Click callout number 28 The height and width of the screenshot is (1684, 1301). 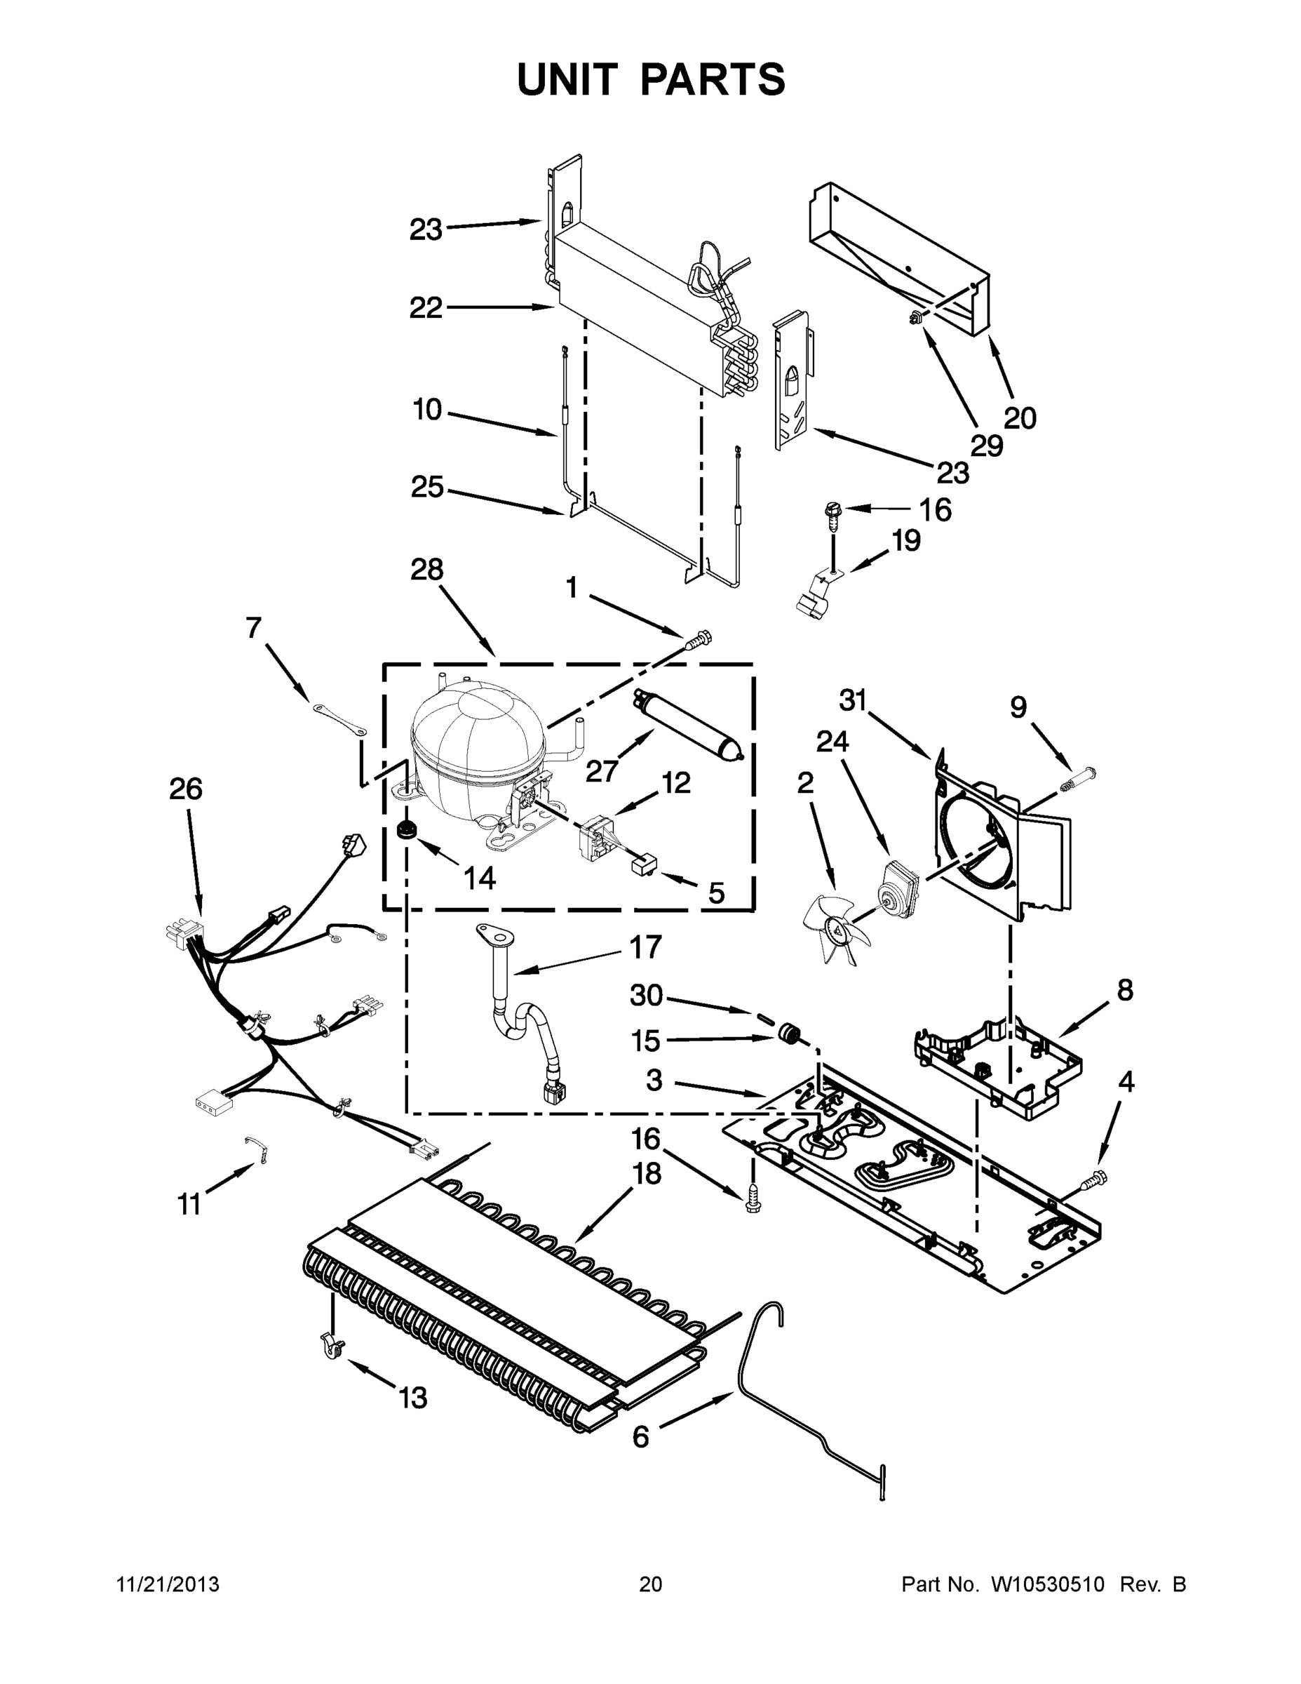[426, 570]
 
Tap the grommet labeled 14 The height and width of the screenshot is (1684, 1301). [405, 831]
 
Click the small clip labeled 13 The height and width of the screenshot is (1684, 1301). [330, 1347]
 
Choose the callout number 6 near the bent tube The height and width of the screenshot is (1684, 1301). [640, 1436]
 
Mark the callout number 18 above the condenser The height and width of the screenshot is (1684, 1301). [647, 1174]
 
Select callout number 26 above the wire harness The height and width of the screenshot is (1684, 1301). [186, 789]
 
